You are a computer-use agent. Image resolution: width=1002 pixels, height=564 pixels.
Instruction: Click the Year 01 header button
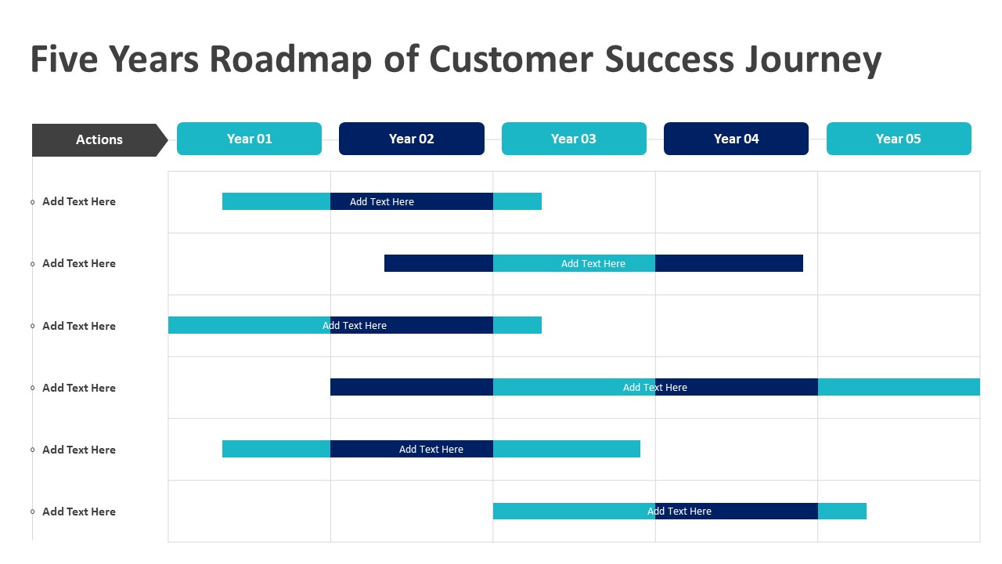coord(249,139)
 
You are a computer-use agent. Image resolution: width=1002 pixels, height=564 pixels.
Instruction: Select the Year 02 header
coord(411,139)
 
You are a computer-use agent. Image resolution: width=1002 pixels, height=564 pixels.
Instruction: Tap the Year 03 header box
coord(574,139)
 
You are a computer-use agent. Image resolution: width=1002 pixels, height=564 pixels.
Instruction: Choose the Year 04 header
coord(736,139)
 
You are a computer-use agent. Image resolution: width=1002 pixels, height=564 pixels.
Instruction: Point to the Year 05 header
coord(899,139)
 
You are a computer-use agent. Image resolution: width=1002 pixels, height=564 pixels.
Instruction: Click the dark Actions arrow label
coord(99,139)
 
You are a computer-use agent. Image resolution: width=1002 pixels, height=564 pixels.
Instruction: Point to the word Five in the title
coord(64,60)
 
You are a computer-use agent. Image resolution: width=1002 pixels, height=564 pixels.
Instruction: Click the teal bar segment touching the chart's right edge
coord(899,387)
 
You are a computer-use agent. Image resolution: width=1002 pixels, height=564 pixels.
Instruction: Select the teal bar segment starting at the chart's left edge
coord(249,325)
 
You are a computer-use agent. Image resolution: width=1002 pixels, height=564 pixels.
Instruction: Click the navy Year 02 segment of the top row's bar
coord(411,201)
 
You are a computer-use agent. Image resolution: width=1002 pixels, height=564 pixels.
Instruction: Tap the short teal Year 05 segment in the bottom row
coord(842,511)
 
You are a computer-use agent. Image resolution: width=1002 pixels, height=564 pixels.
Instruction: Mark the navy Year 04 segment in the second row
coord(729,263)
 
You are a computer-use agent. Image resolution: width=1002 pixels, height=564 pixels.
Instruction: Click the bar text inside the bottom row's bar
coord(679,512)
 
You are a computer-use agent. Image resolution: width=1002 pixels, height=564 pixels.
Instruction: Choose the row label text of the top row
coord(79,201)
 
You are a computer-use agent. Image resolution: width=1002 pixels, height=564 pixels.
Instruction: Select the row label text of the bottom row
coord(79,512)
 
